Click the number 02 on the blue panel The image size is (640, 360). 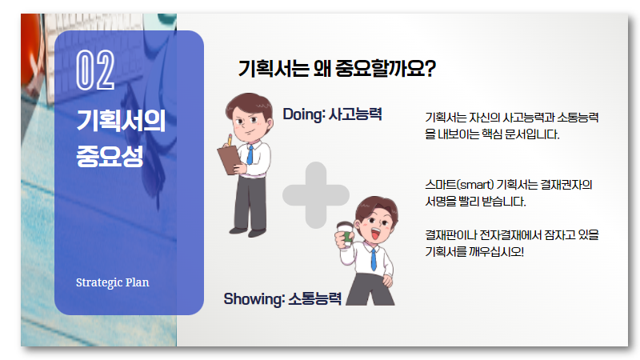95,70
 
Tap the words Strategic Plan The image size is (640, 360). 113,282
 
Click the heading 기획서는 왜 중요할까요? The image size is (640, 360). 337,68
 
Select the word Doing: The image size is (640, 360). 304,114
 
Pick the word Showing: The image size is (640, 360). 254,299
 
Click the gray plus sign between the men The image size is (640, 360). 316,195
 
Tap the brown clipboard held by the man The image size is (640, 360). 230,161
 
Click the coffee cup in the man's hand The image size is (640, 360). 346,234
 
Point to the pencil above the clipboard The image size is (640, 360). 230,139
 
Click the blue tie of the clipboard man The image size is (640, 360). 250,155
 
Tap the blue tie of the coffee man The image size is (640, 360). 373,259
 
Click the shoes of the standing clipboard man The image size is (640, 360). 248,232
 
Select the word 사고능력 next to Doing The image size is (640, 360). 355,114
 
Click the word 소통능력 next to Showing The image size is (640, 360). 314,299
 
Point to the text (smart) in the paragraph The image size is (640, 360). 474,185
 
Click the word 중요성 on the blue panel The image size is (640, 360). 110,156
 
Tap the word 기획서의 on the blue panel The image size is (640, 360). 121,121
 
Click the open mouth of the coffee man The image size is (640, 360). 375,234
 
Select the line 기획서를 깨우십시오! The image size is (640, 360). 474,252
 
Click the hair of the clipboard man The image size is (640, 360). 249,103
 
